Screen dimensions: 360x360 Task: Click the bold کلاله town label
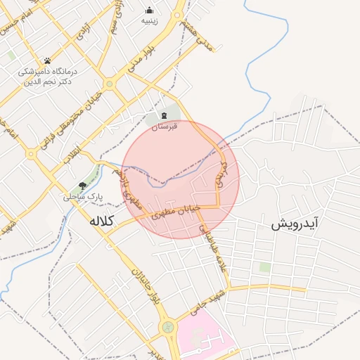(101, 221)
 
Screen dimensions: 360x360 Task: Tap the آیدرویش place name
(295, 224)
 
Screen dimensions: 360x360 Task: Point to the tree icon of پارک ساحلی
(83, 186)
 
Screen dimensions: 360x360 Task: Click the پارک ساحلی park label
(83, 198)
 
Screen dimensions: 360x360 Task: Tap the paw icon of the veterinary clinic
(47, 60)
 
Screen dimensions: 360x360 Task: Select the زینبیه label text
(149, 21)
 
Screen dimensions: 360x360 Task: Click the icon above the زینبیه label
(149, 10)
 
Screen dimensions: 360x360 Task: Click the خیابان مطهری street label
(176, 212)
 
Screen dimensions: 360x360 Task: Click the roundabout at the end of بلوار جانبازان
(168, 327)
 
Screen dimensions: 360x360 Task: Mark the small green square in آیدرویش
(264, 267)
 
